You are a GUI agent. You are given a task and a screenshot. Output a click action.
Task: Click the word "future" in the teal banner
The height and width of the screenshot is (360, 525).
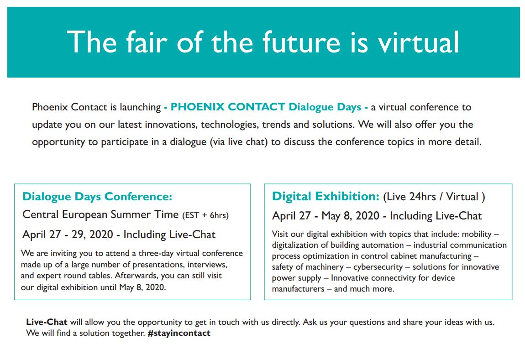pos(301,42)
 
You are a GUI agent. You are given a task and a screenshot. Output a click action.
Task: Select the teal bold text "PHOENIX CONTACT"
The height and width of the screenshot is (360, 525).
pos(228,107)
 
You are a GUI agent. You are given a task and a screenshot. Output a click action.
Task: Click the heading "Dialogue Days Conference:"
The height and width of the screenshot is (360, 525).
pos(97,196)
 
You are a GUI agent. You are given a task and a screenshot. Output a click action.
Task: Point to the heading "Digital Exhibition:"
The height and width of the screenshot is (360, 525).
pos(325,196)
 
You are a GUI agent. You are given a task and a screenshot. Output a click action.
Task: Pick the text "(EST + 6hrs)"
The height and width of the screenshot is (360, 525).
pos(205,215)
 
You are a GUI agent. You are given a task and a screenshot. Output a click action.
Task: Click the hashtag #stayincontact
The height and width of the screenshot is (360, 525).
pos(179,333)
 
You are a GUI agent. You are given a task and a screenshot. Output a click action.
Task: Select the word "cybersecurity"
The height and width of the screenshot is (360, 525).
pos(378,267)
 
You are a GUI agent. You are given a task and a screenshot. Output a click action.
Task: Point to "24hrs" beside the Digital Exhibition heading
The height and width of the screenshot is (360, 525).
pos(423,196)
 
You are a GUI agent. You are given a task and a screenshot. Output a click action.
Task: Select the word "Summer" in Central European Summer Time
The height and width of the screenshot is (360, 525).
pos(131,214)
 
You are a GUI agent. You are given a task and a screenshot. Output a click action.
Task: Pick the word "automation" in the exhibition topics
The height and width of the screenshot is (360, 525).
pos(383,245)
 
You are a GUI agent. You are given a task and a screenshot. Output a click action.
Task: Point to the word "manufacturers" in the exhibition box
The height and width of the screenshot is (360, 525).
pos(298,289)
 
